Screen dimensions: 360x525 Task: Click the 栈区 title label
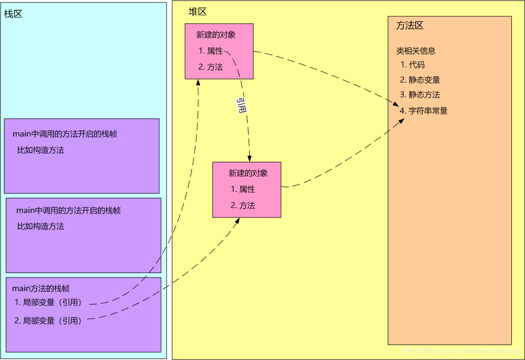point(13,14)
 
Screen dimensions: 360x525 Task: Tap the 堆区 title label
point(198,12)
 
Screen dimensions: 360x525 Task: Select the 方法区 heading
point(409,26)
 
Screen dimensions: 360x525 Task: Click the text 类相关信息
point(416,51)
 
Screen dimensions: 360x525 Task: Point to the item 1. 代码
point(413,65)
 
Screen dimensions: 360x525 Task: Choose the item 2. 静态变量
point(420,80)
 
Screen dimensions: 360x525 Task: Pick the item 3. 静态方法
point(420,95)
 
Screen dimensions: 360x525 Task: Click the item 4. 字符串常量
point(423,111)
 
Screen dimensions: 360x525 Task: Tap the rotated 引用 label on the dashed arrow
point(241,106)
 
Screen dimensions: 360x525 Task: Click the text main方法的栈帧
point(44,289)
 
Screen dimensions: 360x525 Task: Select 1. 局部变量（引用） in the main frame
point(48,302)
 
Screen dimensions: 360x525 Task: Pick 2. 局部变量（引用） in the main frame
point(48,321)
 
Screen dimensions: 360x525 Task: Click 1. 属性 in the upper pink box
point(211,51)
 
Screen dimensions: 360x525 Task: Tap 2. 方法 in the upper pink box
point(211,67)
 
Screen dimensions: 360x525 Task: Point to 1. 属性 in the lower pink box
point(243,190)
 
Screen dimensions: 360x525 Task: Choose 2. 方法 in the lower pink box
point(243,206)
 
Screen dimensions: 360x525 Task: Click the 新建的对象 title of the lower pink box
point(248,173)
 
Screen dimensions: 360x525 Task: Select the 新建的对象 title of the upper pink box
point(216,35)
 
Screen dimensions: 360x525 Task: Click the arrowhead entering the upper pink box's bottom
point(199,82)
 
